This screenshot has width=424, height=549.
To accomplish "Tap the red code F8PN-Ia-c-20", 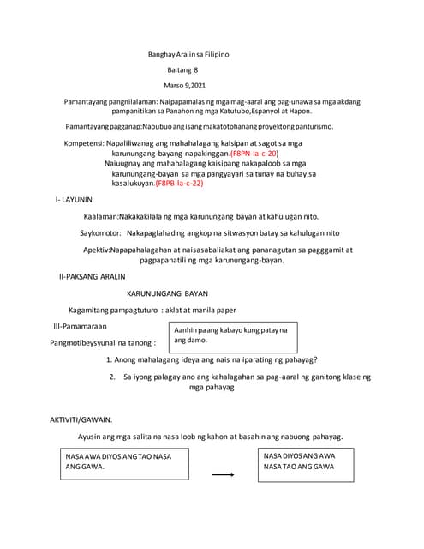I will (254, 153).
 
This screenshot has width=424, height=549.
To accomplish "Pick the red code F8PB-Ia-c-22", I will (179, 184).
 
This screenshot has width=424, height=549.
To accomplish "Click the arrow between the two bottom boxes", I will (224, 474).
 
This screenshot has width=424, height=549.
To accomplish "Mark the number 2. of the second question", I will (112, 377).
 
